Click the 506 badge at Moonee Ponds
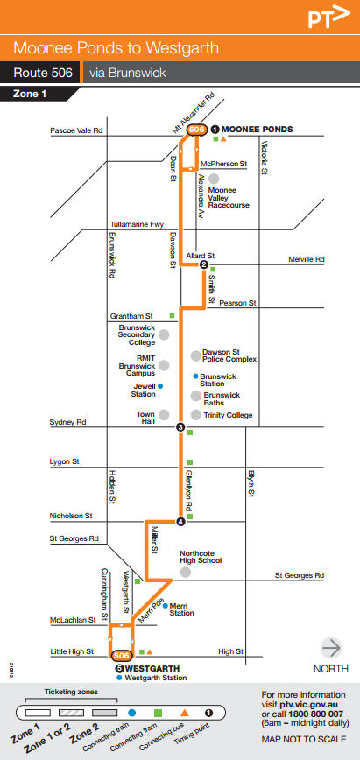click(198, 130)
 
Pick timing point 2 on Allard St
click(203, 265)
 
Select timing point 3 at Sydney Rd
click(180, 427)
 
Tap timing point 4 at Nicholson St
click(180, 523)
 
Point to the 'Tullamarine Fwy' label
click(137, 224)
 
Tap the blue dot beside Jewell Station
click(160, 385)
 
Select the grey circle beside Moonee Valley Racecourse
click(213, 178)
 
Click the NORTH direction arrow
click(331, 648)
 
